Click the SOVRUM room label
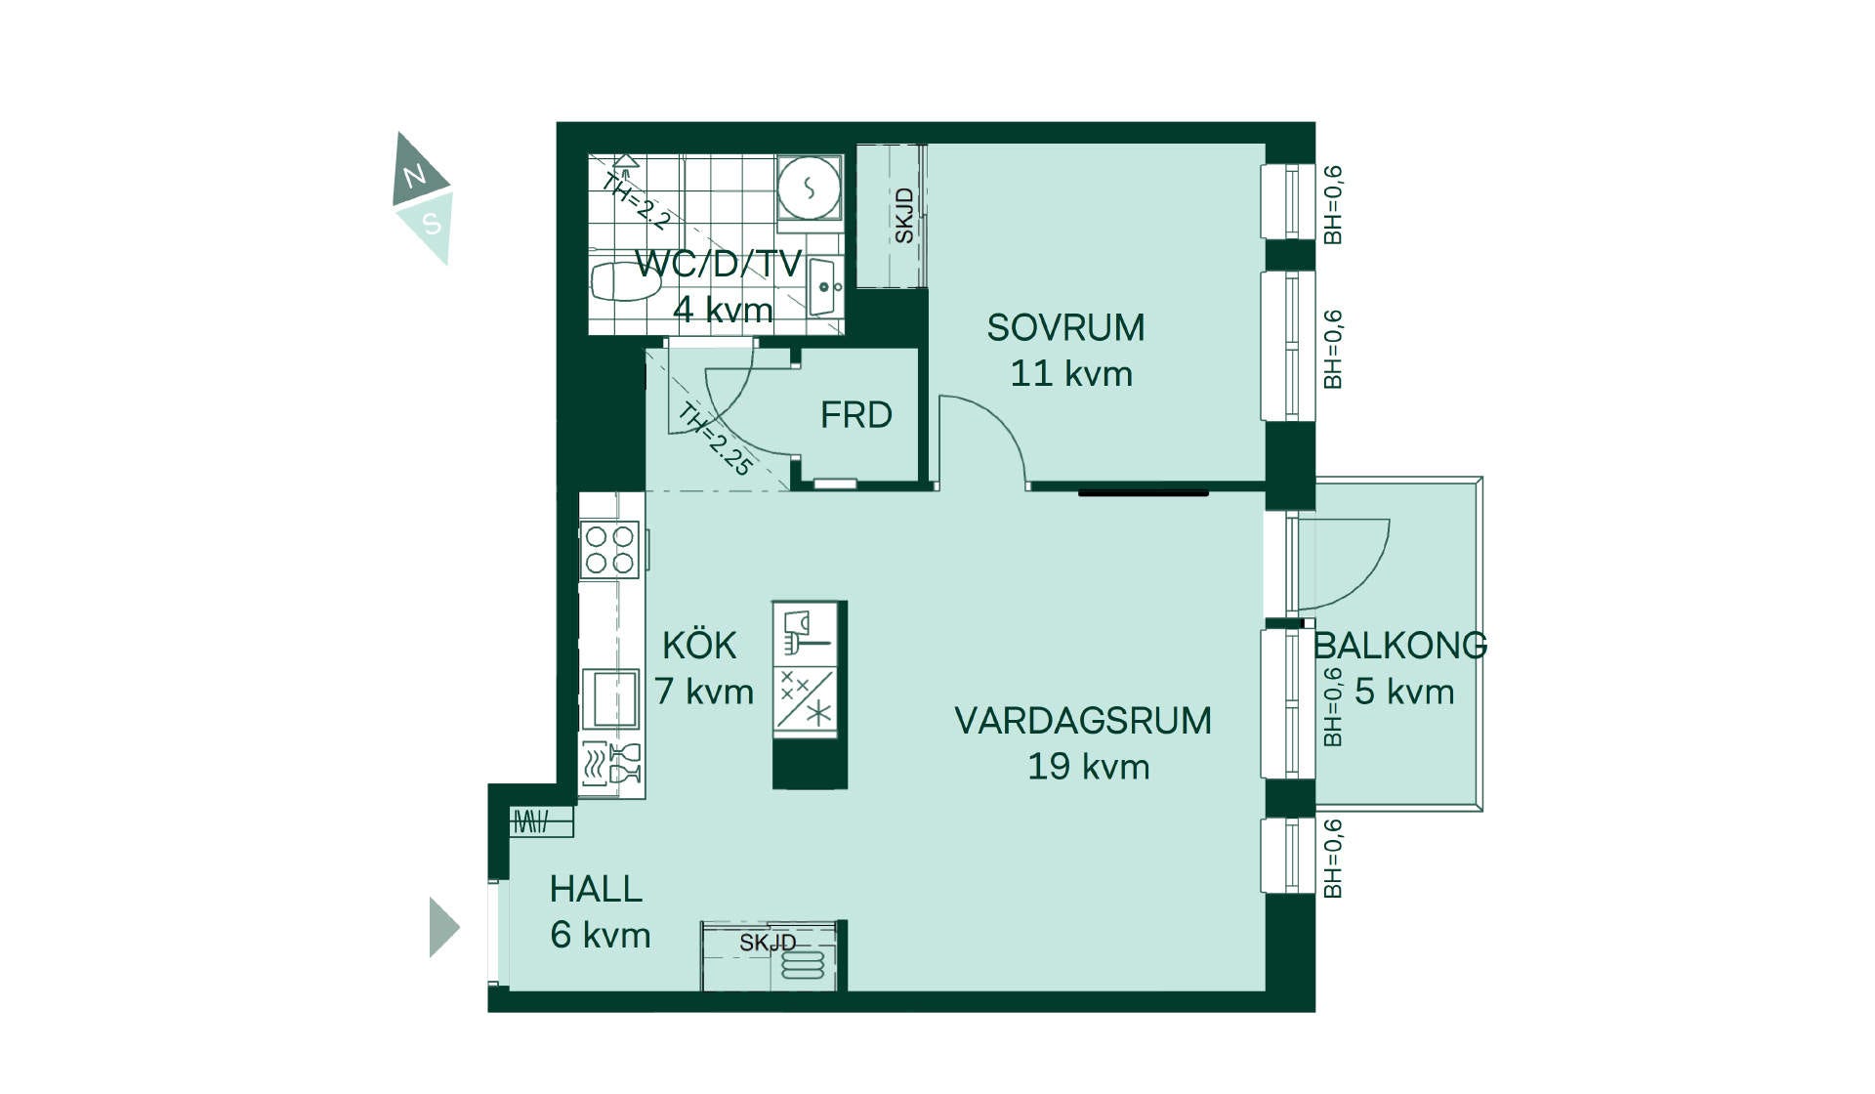click(1065, 328)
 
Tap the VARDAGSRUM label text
click(1083, 721)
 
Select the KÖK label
click(699, 645)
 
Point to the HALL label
click(596, 889)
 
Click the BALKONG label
click(1400, 646)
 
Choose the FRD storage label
click(855, 415)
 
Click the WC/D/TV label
click(718, 264)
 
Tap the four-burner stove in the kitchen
click(609, 550)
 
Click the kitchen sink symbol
click(610, 698)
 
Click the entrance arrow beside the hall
click(443, 927)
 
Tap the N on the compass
click(415, 176)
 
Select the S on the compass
click(432, 224)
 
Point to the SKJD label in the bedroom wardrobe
click(904, 216)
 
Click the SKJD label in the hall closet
click(768, 943)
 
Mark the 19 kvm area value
click(1088, 767)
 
